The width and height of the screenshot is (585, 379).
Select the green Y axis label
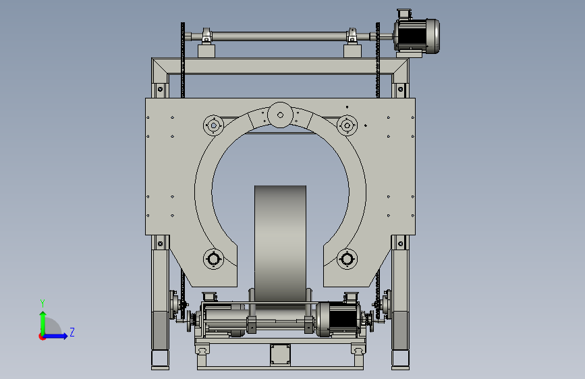(x=43, y=303)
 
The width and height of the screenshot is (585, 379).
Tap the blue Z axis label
(x=72, y=332)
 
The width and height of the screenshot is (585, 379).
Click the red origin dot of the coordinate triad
(x=42, y=337)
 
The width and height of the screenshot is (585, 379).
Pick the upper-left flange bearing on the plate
(x=213, y=125)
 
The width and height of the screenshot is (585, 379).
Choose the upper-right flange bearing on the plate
(x=347, y=125)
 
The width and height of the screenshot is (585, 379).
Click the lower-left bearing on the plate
(x=213, y=258)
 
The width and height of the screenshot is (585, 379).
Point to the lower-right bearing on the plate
(x=347, y=258)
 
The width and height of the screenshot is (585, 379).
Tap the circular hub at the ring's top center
(x=280, y=115)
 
